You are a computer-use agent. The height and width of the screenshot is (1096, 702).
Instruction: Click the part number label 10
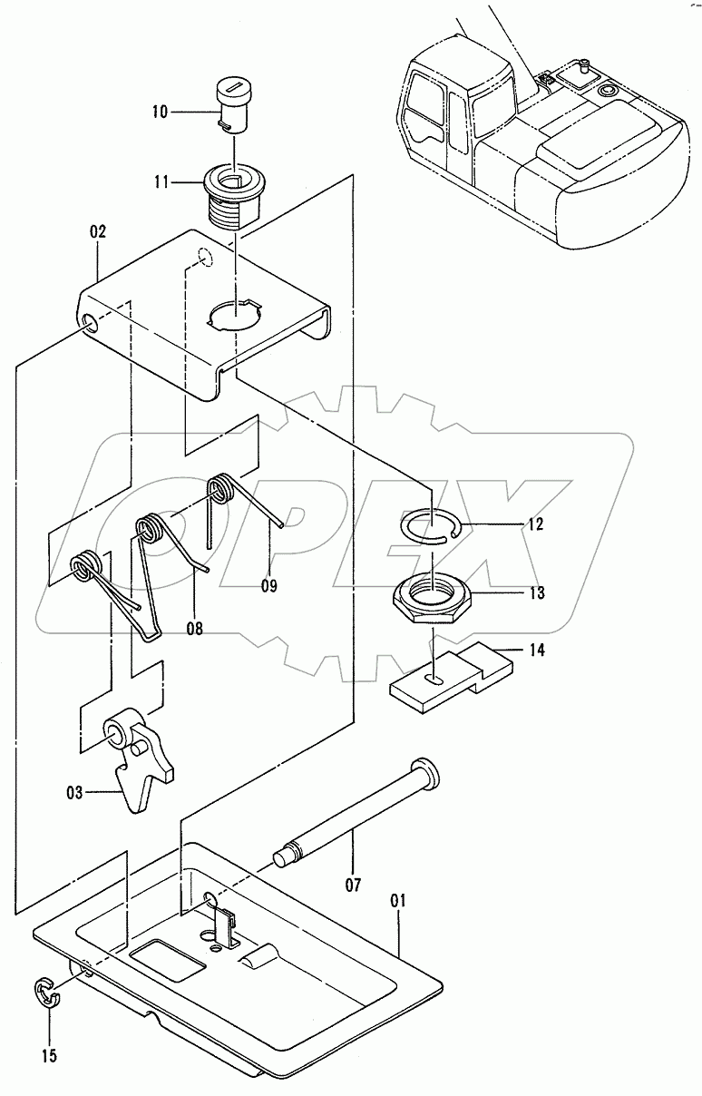(x=160, y=113)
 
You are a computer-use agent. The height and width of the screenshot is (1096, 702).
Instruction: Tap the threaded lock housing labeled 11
(x=234, y=193)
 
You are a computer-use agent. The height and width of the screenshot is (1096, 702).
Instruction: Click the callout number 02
(x=98, y=232)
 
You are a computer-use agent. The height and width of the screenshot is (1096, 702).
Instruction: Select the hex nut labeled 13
(x=430, y=601)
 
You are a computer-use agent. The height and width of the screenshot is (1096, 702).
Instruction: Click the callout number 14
(x=537, y=651)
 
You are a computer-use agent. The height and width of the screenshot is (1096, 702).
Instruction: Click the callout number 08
(x=194, y=627)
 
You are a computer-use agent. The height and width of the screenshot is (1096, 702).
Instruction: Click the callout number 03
(x=74, y=793)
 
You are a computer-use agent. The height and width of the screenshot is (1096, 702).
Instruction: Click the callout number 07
(x=353, y=883)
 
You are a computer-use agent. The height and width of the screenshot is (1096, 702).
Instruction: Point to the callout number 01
(x=398, y=902)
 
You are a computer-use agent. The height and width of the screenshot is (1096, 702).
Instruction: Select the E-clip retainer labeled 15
(x=45, y=993)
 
